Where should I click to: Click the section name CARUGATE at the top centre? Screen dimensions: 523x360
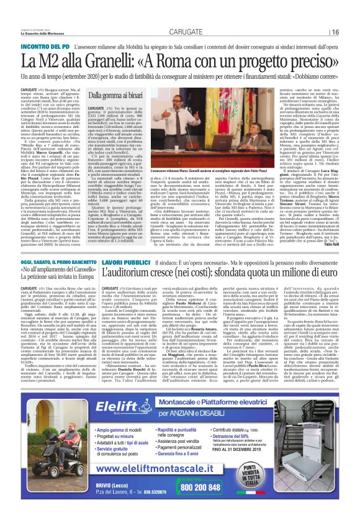(x=177, y=32)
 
